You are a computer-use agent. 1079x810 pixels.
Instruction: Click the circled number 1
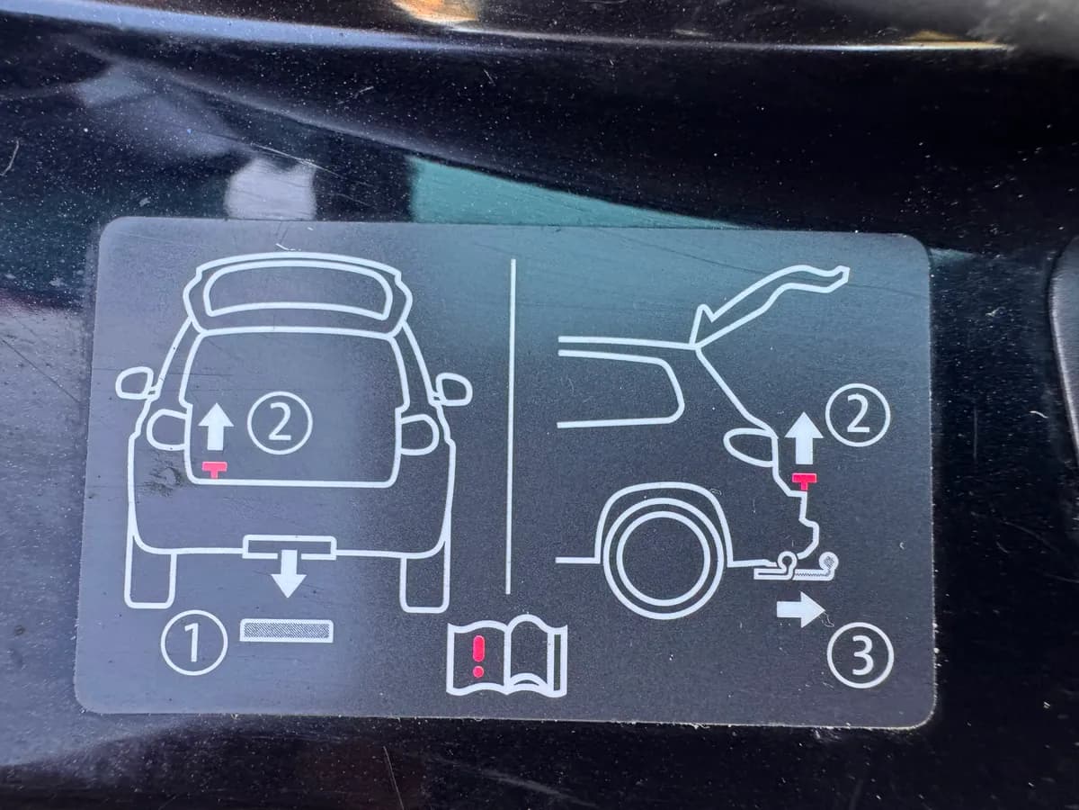pyautogui.click(x=194, y=643)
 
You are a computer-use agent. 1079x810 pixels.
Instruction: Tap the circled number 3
pyautogui.click(x=861, y=655)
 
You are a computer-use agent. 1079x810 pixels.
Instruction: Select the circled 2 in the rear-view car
pyautogui.click(x=280, y=423)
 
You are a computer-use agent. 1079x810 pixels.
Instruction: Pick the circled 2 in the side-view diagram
pyautogui.click(x=857, y=415)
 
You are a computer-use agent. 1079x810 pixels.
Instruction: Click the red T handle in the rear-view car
pyautogui.click(x=215, y=469)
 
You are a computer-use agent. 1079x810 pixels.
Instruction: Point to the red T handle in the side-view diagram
pyautogui.click(x=804, y=481)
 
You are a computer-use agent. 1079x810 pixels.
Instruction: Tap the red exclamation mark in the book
pyautogui.click(x=478, y=655)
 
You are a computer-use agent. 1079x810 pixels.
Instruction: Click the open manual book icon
pyautogui.click(x=507, y=656)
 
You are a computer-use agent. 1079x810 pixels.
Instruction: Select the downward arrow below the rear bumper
pyautogui.click(x=289, y=573)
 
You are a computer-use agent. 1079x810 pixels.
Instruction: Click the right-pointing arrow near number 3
pyautogui.click(x=801, y=610)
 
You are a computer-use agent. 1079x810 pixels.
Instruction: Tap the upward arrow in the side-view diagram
pyautogui.click(x=804, y=438)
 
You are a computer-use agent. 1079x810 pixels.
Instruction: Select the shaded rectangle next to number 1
pyautogui.click(x=287, y=631)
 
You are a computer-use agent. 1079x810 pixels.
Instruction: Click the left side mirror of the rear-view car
pyautogui.click(x=134, y=383)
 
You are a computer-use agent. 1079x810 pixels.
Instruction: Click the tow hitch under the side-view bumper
pyautogui.click(x=796, y=567)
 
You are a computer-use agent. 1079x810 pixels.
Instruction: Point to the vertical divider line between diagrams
pyautogui.click(x=511, y=427)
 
